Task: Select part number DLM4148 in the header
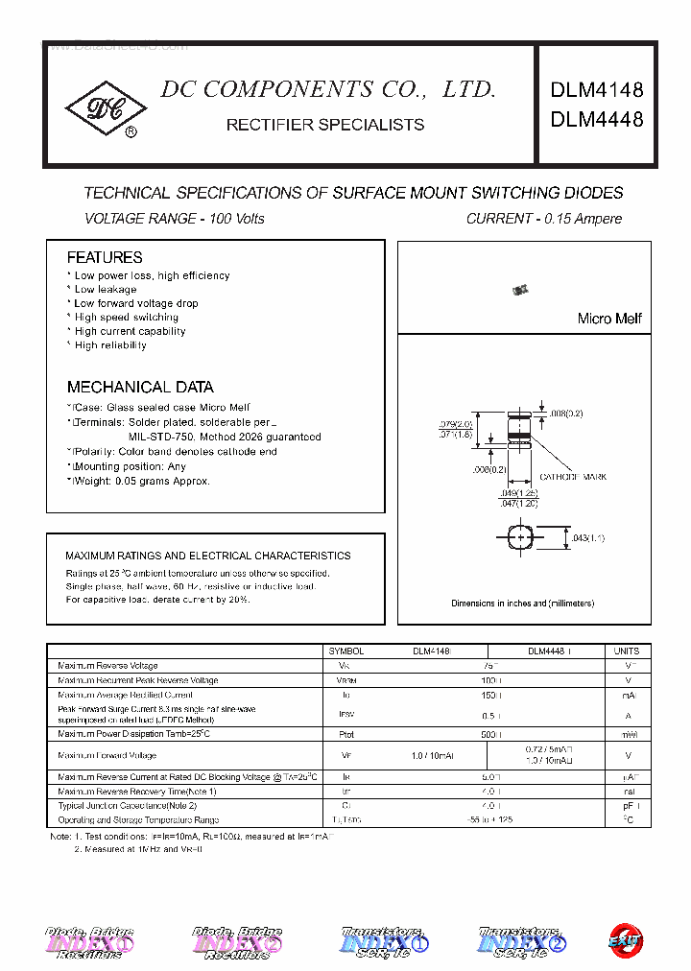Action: pyautogui.click(x=596, y=91)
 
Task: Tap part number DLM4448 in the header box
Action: pyautogui.click(x=596, y=120)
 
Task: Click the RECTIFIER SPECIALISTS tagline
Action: pyautogui.click(x=324, y=125)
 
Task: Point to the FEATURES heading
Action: pyautogui.click(x=105, y=257)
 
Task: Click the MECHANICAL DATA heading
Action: pyautogui.click(x=140, y=388)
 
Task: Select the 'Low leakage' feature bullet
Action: pyautogui.click(x=106, y=289)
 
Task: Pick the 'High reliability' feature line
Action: pyautogui.click(x=110, y=344)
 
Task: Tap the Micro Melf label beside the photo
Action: pyautogui.click(x=609, y=319)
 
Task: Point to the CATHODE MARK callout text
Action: pyautogui.click(x=573, y=477)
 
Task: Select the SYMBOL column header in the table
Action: pyautogui.click(x=346, y=651)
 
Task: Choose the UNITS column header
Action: pyautogui.click(x=626, y=651)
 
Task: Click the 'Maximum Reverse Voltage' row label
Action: pyautogui.click(x=107, y=666)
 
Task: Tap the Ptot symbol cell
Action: pyautogui.click(x=346, y=734)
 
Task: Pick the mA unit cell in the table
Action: pyautogui.click(x=629, y=695)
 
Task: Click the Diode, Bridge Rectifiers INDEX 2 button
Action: pyautogui.click(x=237, y=940)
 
